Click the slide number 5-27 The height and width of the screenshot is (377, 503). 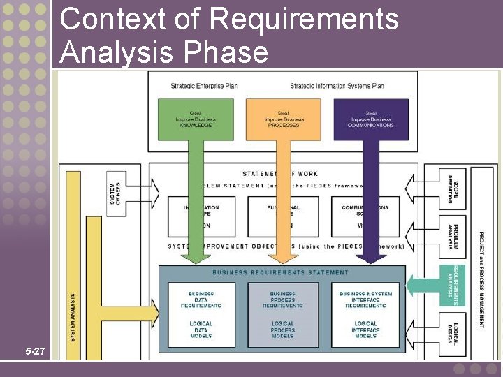tap(34, 352)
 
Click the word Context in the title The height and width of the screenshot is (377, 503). tap(111, 19)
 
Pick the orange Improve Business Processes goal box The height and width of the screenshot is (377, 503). tap(283, 120)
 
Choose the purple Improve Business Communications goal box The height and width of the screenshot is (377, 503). tap(370, 120)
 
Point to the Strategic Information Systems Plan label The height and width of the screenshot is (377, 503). tap(337, 86)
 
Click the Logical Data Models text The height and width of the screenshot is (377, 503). tap(201, 330)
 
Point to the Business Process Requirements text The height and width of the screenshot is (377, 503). tap(282, 300)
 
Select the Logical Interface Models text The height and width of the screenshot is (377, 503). tap(365, 330)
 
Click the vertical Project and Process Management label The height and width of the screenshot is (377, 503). tap(481, 279)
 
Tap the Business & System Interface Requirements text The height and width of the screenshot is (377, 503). tap(365, 300)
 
